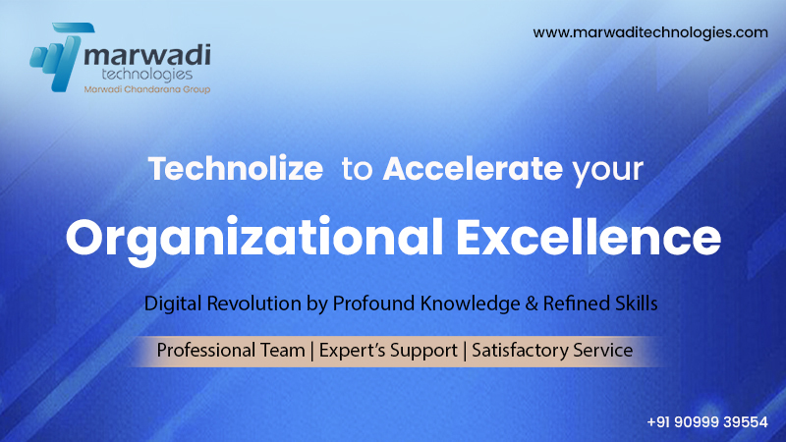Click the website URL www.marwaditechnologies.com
coord(650,32)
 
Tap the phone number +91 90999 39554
coord(706,422)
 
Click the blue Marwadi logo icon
coord(59,57)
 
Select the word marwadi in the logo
coord(147,55)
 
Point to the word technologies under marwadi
coord(146,75)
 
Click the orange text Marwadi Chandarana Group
coord(146,89)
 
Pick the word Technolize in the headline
coord(236,168)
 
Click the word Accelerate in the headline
coord(473,168)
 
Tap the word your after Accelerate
coord(607,171)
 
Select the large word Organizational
coord(254,238)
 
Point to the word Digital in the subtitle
coord(173,304)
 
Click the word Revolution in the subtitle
coord(253,304)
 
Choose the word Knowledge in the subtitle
coord(471,304)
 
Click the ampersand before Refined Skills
coord(532,304)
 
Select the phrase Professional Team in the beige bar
coord(231,350)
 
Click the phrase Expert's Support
coord(388,351)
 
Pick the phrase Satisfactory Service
coord(552,350)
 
